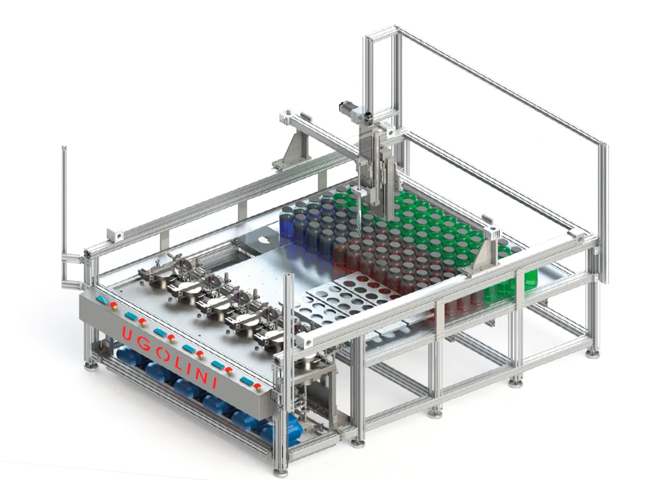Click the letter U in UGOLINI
click(x=128, y=334)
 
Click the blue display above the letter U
click(x=102, y=299)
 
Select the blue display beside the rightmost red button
click(x=246, y=380)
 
